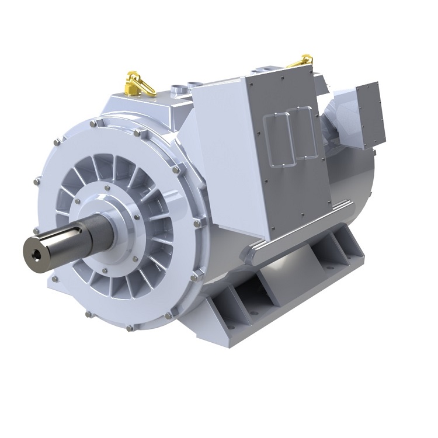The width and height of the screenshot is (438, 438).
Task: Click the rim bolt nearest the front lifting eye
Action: click(138, 133)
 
